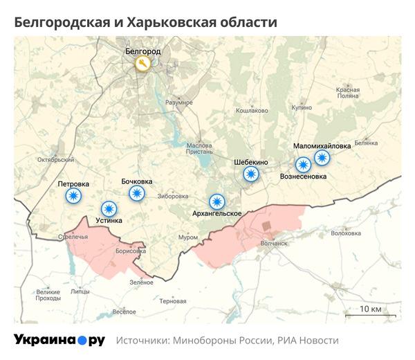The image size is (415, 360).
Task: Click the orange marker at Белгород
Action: pos(142,64)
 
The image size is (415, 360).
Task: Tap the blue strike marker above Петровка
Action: pos(73,197)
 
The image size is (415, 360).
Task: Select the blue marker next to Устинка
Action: pos(109,208)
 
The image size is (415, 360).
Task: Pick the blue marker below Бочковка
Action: pos(136,193)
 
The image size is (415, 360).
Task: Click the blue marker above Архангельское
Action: pos(217,201)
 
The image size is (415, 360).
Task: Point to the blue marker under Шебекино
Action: pos(252,174)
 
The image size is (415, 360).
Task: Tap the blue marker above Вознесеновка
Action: pos(303,165)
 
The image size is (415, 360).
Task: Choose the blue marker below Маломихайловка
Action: pos(322,158)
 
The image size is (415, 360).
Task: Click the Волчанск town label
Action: pos(274,243)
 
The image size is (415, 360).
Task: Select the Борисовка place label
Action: pos(130,251)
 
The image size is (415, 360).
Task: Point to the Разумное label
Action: pos(179,102)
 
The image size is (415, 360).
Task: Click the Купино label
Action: pos(302,108)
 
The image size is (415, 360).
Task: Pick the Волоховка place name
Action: pos(346,233)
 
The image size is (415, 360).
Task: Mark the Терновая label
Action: pos(172,301)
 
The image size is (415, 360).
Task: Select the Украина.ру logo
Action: pos(59,340)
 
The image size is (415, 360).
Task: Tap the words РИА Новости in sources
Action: pos(308,341)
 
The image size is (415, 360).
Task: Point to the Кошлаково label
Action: pos(252,111)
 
